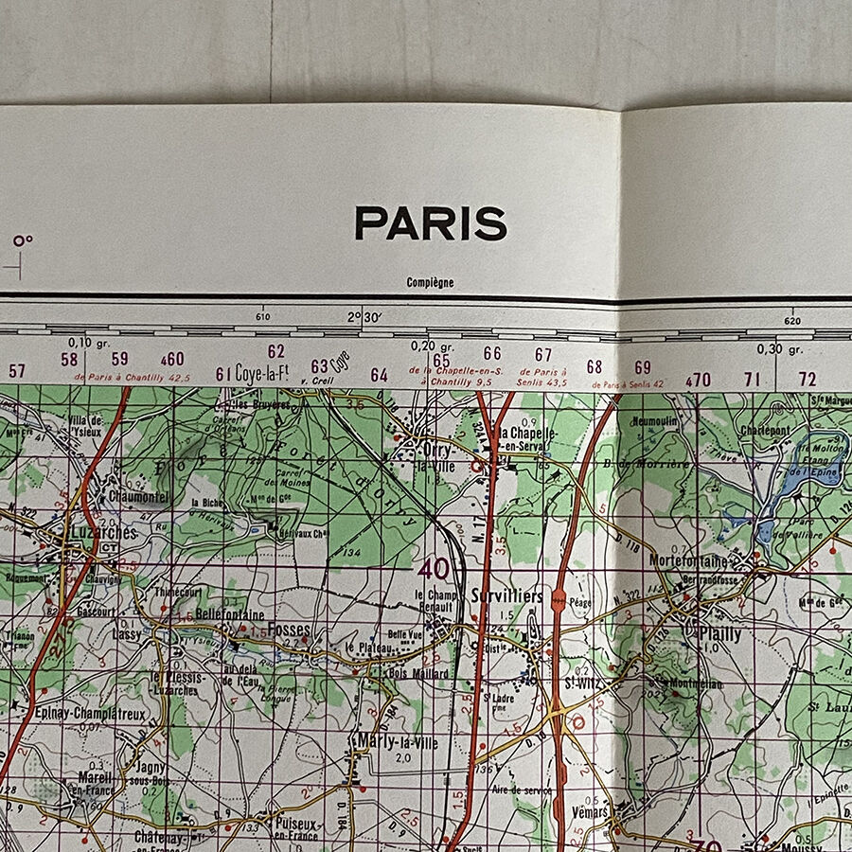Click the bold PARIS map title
[431, 224]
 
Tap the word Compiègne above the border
[430, 282]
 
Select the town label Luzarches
[103, 533]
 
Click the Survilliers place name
[507, 596]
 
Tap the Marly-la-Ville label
[398, 743]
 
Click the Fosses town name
[289, 629]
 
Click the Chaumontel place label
[138, 496]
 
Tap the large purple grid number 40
[434, 569]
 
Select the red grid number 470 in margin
[698, 380]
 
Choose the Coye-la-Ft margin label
[262, 372]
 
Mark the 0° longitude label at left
[23, 240]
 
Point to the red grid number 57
[17, 371]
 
